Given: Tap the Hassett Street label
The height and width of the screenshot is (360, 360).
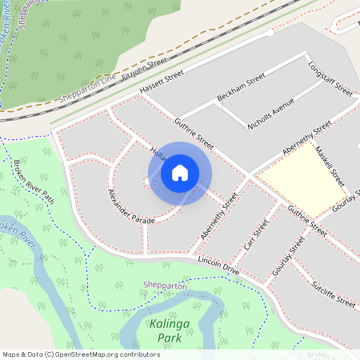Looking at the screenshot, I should [x=161, y=82].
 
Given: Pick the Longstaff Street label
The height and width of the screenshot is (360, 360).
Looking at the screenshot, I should [x=328, y=76].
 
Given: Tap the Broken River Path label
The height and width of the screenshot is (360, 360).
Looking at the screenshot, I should [x=33, y=182].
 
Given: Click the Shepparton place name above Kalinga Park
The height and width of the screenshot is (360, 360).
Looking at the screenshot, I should [x=165, y=286].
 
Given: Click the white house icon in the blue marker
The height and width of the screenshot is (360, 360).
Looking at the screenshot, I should [x=180, y=172].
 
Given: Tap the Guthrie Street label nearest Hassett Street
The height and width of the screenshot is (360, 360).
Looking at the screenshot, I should [x=194, y=134].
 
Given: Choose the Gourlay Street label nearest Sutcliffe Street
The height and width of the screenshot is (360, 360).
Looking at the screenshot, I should [x=289, y=258].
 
